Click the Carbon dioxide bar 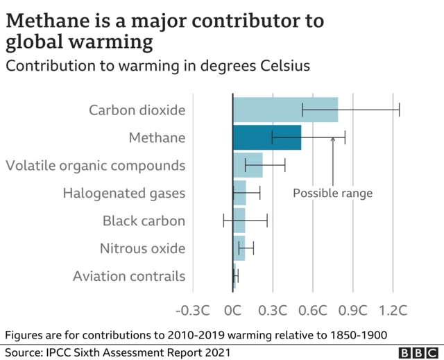(x=285, y=110)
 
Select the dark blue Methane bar (x=267, y=137)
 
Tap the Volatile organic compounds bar (x=248, y=165)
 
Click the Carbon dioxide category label (x=137, y=110)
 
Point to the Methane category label (x=157, y=137)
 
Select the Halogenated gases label (x=124, y=193)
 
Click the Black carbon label (x=144, y=221)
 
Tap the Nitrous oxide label (x=142, y=248)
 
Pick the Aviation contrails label (x=129, y=276)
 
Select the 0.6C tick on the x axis (x=313, y=307)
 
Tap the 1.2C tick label (x=393, y=307)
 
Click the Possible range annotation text (x=332, y=194)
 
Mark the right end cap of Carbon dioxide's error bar (x=400, y=110)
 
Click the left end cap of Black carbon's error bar (x=223, y=221)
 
